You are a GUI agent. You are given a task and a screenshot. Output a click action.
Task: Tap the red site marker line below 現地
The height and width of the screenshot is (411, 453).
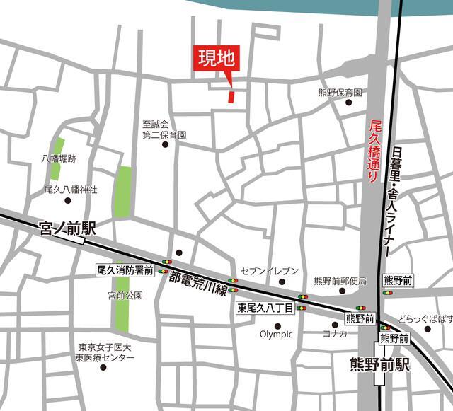pyautogui.click(x=231, y=94)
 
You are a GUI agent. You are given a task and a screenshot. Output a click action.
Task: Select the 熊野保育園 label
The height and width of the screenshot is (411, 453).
pyautogui.click(x=340, y=93)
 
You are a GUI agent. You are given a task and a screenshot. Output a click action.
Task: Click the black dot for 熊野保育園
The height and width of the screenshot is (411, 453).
pyautogui.click(x=348, y=103)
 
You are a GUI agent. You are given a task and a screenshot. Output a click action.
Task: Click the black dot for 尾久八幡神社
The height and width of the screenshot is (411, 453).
pyautogui.click(x=68, y=200)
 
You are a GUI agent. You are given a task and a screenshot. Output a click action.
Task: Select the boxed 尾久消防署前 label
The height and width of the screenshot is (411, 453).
pyautogui.click(x=125, y=270)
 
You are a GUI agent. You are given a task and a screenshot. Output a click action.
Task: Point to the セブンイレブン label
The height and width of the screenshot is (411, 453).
pyautogui.click(x=270, y=271)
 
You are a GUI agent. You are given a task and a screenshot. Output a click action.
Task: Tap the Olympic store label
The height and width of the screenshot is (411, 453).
pyautogui.click(x=276, y=335)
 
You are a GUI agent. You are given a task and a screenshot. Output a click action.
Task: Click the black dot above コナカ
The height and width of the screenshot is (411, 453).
pyautogui.click(x=334, y=325)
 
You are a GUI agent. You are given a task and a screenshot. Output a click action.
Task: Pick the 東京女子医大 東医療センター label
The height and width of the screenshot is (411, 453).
pyautogui.click(x=106, y=353)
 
